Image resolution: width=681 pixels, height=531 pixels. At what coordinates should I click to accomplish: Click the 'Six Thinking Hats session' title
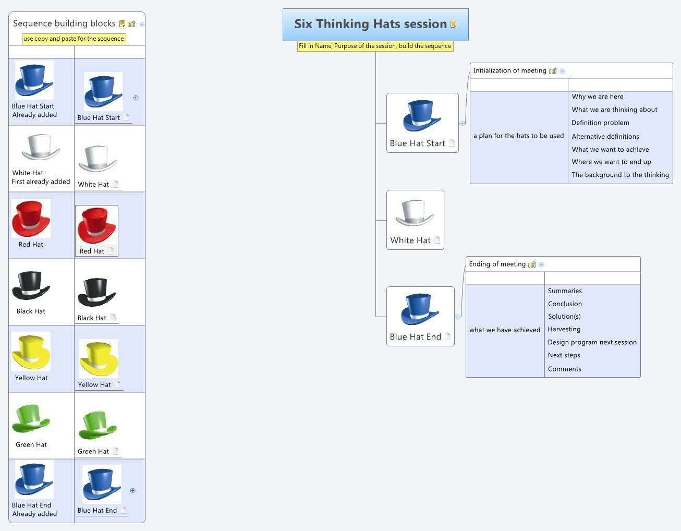coord(370,24)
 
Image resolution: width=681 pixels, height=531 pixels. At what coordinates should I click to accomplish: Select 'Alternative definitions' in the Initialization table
coord(605,136)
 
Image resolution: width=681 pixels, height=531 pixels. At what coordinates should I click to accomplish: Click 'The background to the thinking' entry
coord(620,175)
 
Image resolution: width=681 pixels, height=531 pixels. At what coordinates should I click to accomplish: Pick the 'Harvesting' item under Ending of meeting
coord(564,329)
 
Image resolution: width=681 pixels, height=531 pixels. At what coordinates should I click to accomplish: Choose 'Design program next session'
coord(592,342)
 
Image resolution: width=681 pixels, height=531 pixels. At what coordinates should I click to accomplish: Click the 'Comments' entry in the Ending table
coord(564,369)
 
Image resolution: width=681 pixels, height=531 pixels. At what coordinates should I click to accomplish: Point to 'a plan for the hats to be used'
coord(518,136)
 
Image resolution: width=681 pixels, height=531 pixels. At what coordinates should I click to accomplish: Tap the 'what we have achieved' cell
coord(504,330)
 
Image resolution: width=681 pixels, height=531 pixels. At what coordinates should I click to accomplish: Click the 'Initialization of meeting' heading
coord(509,70)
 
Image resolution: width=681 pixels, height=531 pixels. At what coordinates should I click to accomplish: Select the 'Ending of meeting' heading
coord(497,264)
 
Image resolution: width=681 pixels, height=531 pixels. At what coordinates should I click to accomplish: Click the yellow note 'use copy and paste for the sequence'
coord(74,39)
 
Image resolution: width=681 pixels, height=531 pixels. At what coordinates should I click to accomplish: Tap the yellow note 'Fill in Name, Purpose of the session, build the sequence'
coord(375,46)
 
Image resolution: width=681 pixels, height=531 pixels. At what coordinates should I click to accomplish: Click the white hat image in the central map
coord(415,212)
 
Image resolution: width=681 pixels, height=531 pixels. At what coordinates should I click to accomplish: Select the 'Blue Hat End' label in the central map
coord(415,337)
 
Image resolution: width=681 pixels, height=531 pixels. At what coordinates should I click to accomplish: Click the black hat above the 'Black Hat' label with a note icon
coord(96,292)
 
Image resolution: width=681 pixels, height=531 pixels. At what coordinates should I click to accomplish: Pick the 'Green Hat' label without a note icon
coord(31,444)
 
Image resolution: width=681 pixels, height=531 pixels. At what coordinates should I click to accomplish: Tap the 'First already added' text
coord(41,182)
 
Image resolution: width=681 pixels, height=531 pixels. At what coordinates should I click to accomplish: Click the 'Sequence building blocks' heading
coord(64,23)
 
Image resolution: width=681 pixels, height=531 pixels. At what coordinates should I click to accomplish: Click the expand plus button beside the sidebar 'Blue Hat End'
coord(132,490)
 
